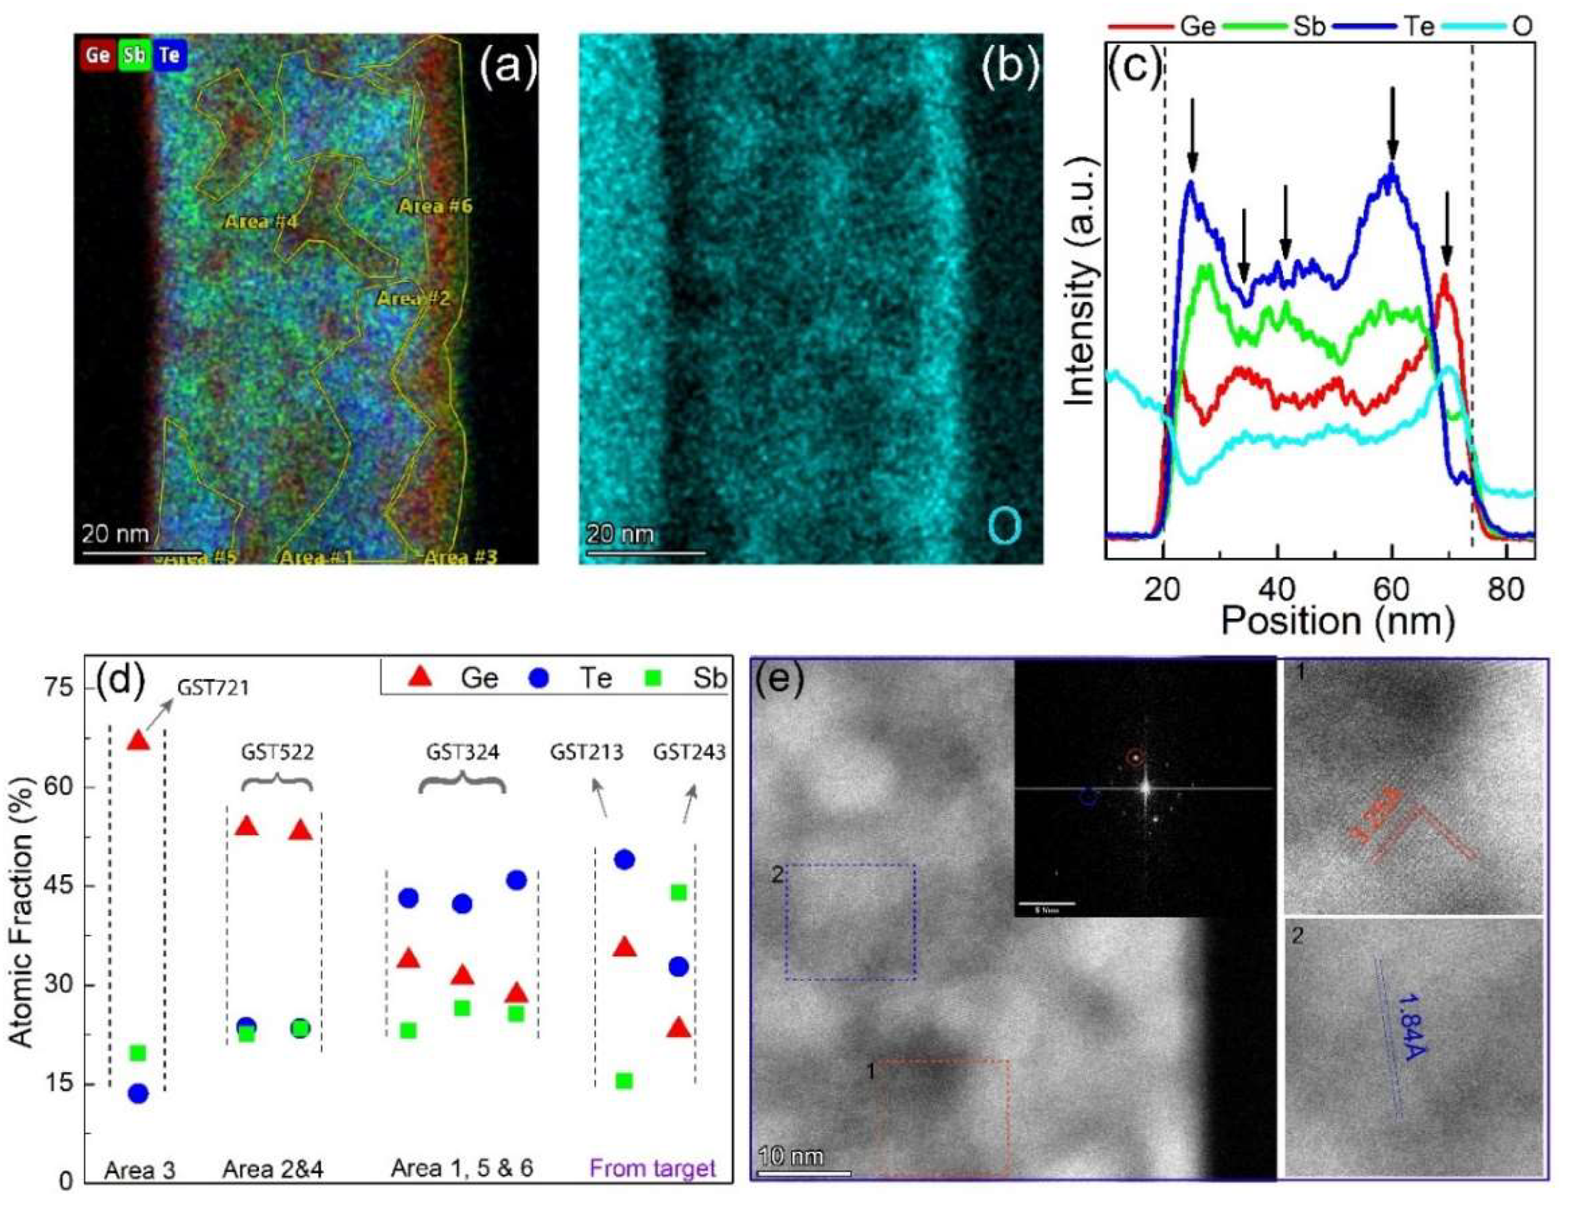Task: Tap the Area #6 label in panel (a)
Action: point(436,206)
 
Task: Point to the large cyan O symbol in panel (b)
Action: point(1004,526)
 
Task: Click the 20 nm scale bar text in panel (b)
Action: point(620,534)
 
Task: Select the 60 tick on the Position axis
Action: point(1392,590)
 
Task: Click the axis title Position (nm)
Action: point(1337,620)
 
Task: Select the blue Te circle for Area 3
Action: point(138,1094)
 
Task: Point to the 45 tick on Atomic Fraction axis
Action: point(64,886)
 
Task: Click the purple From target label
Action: point(653,1168)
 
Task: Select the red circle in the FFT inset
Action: point(1135,757)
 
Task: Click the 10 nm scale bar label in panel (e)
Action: point(791,1157)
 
